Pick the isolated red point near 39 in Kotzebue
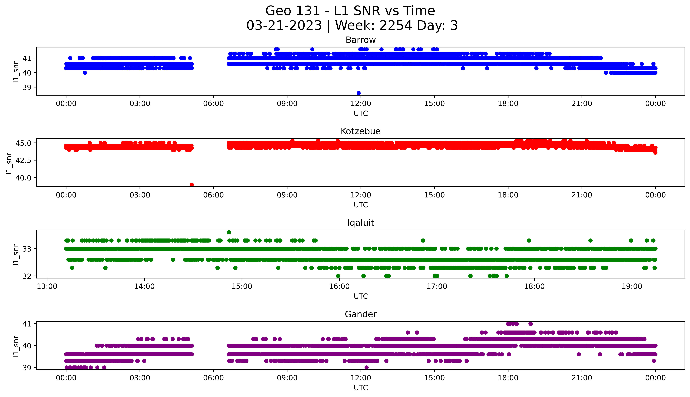pos(192,185)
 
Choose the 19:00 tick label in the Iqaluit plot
pos(632,287)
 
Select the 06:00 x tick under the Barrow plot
pos(213,104)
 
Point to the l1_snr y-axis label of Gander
pos(16,346)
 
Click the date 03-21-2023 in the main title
pos(284,26)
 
